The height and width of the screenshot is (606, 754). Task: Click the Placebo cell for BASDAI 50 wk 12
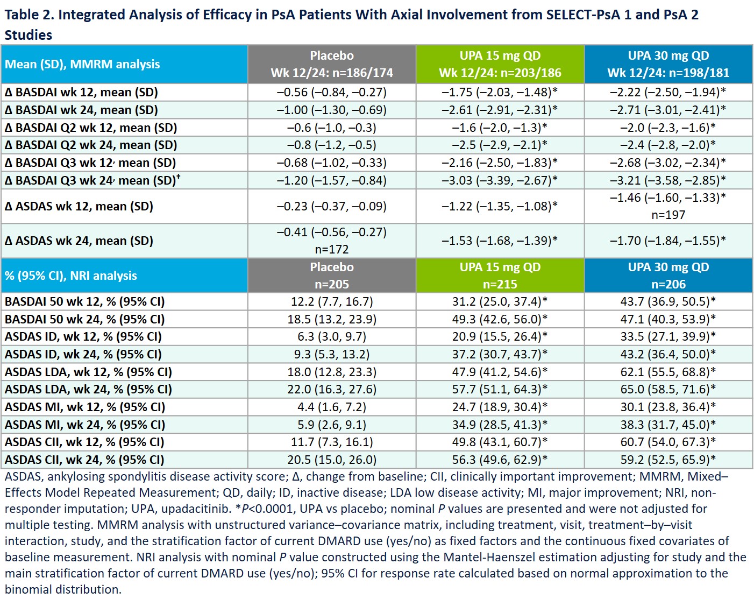coord(331,301)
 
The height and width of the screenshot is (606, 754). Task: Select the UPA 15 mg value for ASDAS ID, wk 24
coord(500,354)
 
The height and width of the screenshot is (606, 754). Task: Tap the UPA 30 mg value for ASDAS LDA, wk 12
coord(668,372)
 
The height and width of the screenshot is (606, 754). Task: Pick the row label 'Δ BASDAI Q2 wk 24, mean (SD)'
coord(91,145)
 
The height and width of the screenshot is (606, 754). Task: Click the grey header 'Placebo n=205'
coord(331,276)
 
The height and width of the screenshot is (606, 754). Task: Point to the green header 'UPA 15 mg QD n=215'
coord(500,276)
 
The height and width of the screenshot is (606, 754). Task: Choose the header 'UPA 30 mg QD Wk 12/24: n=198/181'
coord(668,64)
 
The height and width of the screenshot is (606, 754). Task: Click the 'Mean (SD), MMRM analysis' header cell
coord(82,64)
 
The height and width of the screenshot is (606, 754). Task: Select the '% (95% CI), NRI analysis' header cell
coord(71,276)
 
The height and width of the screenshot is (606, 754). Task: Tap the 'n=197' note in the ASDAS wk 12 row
coord(668,215)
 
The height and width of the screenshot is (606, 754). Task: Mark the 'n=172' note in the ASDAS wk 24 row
coord(331,250)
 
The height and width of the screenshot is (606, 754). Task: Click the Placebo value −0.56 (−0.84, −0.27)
coord(331,92)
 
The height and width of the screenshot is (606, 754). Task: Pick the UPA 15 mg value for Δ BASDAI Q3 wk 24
coord(500,180)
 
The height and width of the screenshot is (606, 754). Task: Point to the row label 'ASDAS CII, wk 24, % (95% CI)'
coord(84,460)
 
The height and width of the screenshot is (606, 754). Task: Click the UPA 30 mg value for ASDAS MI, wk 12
coord(668,407)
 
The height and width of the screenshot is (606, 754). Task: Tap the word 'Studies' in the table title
coord(29,35)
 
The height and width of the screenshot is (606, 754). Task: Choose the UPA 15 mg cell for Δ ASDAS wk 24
coord(500,241)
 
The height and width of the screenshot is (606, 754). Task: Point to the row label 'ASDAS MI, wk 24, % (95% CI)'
coord(85,425)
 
